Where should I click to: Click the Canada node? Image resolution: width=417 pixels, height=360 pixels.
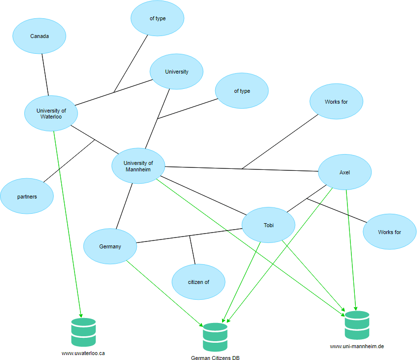coord(39,36)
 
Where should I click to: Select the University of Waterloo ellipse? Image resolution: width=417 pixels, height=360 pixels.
coord(51,113)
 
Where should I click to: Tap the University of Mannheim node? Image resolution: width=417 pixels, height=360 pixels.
coord(138,166)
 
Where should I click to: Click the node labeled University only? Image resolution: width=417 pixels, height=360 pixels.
coord(176,72)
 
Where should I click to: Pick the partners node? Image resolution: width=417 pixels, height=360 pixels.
coord(27,196)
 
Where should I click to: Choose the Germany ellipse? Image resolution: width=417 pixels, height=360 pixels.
coord(110,246)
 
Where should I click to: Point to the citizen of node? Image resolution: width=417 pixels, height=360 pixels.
coord(198,282)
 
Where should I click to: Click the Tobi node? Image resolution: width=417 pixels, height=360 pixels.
coord(268,225)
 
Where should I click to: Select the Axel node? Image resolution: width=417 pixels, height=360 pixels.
coord(344,172)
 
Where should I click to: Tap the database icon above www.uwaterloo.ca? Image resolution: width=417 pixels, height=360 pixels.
coord(83,332)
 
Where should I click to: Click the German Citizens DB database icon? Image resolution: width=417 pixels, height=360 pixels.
coord(215,337)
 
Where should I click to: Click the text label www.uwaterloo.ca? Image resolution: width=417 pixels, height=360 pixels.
coord(83,353)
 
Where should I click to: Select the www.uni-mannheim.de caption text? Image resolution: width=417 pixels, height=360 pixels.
coord(357,346)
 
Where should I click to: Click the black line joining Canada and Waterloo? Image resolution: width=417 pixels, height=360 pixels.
coord(45,74)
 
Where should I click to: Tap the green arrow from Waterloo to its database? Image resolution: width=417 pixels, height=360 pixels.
coord(67,222)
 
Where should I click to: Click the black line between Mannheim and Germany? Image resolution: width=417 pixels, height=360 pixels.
coord(124,206)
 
